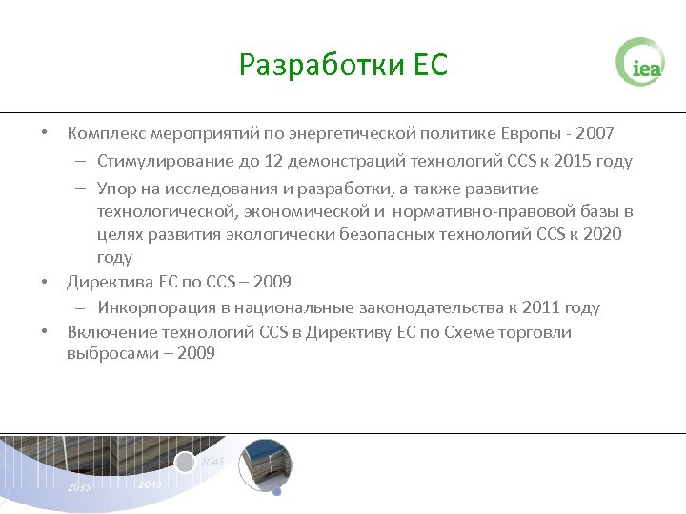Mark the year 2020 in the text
600,234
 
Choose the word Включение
109,332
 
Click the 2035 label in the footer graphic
79,487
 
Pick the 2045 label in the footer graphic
212,462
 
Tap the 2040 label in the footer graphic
150,484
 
